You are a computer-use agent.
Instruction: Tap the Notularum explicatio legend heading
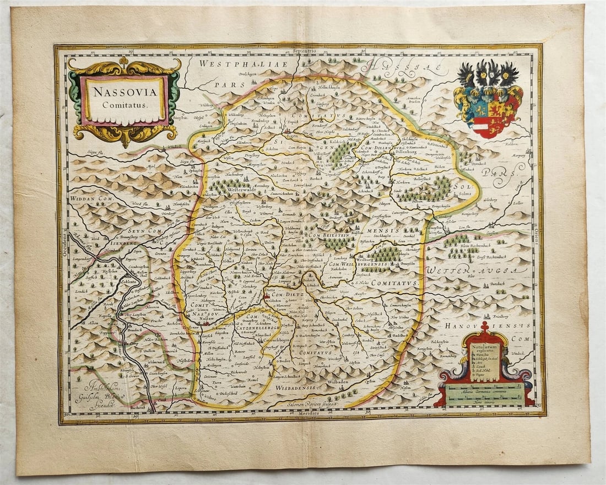[483, 350]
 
